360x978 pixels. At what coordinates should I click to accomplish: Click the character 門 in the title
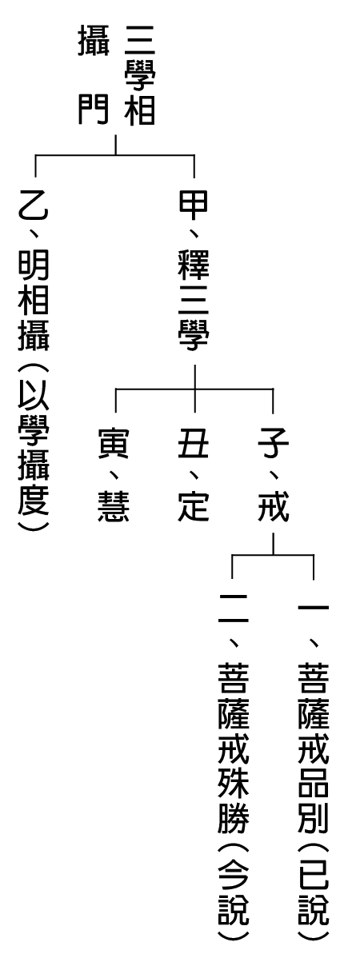[93, 110]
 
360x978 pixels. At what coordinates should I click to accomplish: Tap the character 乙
[34, 203]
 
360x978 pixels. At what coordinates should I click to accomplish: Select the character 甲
[194, 205]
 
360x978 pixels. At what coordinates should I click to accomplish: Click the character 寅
[114, 443]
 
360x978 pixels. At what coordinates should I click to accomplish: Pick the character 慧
[114, 506]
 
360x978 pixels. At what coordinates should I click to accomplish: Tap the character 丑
[194, 443]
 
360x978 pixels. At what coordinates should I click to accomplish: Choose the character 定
[194, 506]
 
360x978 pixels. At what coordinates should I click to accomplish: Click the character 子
[274, 443]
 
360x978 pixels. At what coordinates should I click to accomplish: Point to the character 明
[34, 266]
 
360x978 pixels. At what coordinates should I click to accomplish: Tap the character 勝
[234, 817]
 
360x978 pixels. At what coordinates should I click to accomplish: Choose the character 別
[314, 817]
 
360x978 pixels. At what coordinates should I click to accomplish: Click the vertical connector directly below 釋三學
[195, 388]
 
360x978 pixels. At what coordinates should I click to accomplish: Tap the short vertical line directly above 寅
[116, 401]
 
